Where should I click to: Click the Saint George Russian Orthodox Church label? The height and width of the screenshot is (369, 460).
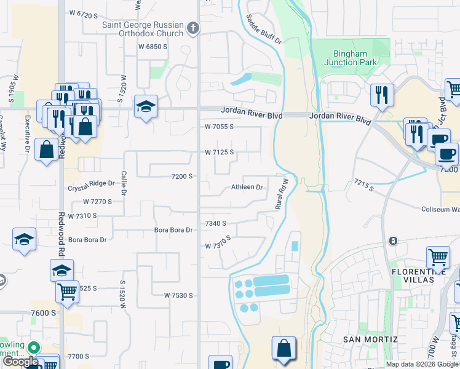click(x=143, y=29)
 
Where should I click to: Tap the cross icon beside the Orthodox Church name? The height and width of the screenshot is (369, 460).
click(x=193, y=28)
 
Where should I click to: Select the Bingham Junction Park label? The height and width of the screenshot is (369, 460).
click(x=349, y=58)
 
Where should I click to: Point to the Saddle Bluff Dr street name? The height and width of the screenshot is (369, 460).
click(x=263, y=30)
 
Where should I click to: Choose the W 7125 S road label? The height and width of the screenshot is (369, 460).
click(x=220, y=152)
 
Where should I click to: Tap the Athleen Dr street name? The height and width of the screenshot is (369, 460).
click(x=247, y=187)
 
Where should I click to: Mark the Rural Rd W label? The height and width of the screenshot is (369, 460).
click(x=282, y=193)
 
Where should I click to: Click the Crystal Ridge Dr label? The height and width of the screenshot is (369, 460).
click(x=92, y=183)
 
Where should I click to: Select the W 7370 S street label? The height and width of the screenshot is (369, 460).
click(x=218, y=242)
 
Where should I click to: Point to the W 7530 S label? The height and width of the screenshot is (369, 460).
click(x=178, y=295)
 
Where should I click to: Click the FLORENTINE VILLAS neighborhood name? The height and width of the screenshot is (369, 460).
click(x=419, y=275)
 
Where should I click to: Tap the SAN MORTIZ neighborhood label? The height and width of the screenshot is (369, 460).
click(x=370, y=339)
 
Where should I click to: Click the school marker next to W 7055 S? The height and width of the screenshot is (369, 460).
click(x=146, y=106)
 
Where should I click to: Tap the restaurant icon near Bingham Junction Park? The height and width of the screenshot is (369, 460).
click(x=382, y=94)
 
